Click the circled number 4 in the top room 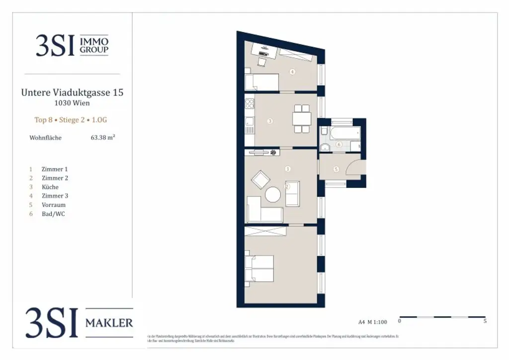(x=292, y=72)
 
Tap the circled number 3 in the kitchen (x=269, y=121)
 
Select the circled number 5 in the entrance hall (x=336, y=170)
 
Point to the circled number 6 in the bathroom (x=339, y=145)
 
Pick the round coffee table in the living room (x=273, y=194)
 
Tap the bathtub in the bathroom (x=345, y=133)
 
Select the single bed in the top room (x=261, y=82)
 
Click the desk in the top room (x=264, y=50)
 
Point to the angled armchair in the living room (x=260, y=180)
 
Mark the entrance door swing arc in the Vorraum (x=356, y=166)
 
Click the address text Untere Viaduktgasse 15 (x=72, y=92)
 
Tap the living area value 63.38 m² (x=103, y=138)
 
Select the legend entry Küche (x=50, y=187)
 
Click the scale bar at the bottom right (x=442, y=317)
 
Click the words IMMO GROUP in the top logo (x=94, y=45)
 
